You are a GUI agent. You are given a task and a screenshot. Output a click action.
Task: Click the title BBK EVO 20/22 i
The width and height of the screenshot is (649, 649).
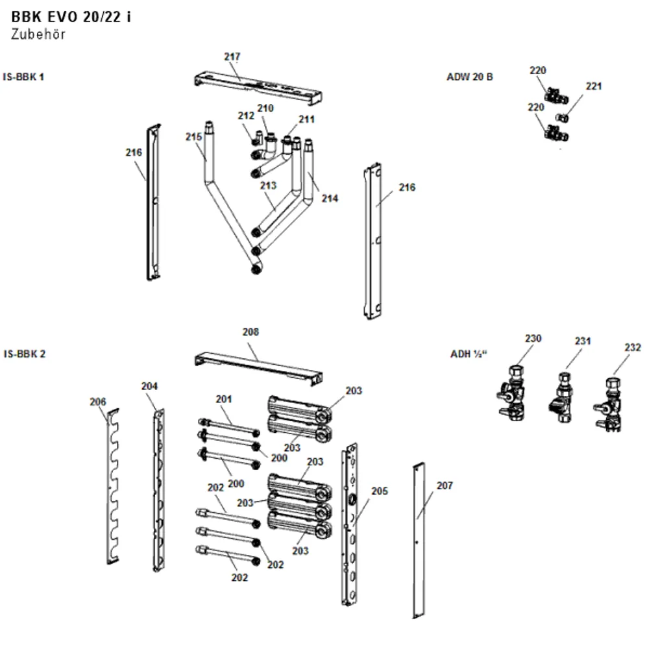click(71, 17)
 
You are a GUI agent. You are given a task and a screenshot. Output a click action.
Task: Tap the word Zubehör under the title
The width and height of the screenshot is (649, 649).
click(38, 34)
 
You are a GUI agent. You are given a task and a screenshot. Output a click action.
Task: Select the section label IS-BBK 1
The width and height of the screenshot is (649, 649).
click(23, 77)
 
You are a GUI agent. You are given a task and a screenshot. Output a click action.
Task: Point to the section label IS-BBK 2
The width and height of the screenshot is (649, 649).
click(25, 354)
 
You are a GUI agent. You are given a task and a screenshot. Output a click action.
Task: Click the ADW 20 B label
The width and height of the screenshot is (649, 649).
click(470, 77)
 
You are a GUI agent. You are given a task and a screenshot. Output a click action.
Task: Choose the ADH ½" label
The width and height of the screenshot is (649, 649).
click(469, 354)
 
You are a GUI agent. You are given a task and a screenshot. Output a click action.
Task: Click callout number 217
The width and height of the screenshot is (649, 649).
click(232, 56)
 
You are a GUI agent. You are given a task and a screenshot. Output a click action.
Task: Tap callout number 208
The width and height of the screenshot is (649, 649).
click(251, 332)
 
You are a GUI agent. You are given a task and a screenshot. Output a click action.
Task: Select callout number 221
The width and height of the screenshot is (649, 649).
click(594, 86)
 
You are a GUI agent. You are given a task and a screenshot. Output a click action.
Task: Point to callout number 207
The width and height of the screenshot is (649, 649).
click(445, 485)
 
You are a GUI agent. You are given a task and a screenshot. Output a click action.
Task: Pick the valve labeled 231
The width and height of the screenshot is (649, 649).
click(561, 398)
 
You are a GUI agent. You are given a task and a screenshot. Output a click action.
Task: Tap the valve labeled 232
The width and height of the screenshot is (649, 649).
click(609, 404)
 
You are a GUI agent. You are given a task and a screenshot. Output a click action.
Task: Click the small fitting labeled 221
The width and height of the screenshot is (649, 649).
click(562, 118)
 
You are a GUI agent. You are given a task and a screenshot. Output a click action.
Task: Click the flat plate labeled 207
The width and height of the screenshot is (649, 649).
click(419, 541)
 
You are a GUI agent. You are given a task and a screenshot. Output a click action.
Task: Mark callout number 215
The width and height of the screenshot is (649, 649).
click(193, 136)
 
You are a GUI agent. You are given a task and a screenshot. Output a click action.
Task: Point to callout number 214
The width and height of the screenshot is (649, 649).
click(330, 199)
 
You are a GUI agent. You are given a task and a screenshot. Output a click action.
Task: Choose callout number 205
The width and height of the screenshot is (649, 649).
click(380, 491)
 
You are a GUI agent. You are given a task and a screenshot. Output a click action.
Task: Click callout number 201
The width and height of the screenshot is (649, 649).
click(223, 399)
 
